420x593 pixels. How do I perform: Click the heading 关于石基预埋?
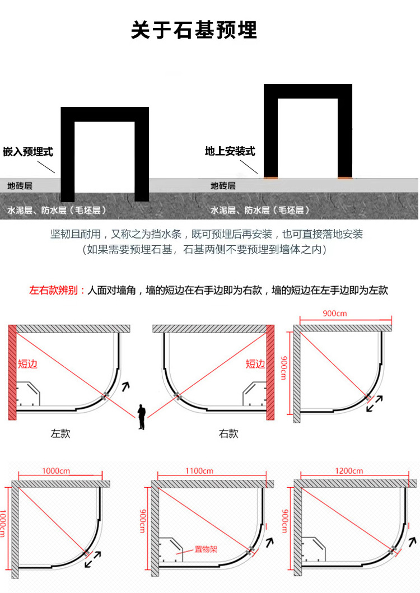coord(194,30)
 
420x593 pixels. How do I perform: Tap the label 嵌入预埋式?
coord(28,152)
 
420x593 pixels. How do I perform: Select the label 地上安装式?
coord(230,151)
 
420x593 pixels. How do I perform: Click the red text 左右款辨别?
coord(57,291)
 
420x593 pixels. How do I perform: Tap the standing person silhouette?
coord(142,417)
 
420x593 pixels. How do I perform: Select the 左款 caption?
coord(60,433)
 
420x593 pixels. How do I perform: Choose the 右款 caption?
coord(228,433)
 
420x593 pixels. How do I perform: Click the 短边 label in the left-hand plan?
coord(27,364)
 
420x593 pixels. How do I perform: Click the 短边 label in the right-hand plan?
coord(255,364)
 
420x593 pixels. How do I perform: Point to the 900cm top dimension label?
coord(335,314)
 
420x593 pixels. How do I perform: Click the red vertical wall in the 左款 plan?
coord(12,372)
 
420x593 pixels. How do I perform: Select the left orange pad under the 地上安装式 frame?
coord(271,178)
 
